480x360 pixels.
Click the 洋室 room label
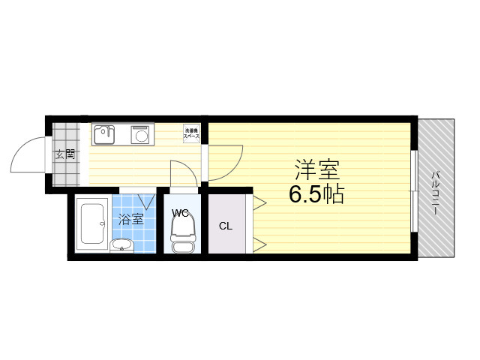tap(316, 169)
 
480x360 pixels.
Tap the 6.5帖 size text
tap(316, 195)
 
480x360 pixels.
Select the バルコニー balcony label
tap(435, 192)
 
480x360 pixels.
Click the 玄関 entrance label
tap(65, 155)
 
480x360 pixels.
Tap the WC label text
tap(180, 212)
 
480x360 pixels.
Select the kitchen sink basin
tap(103, 134)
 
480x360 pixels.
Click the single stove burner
tap(140, 135)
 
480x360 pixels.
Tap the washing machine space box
tap(192, 133)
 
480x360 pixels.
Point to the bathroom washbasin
tap(121, 244)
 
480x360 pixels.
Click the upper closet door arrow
tap(259, 202)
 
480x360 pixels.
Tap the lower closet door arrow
tap(259, 243)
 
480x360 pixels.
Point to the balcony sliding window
tap(413, 192)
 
